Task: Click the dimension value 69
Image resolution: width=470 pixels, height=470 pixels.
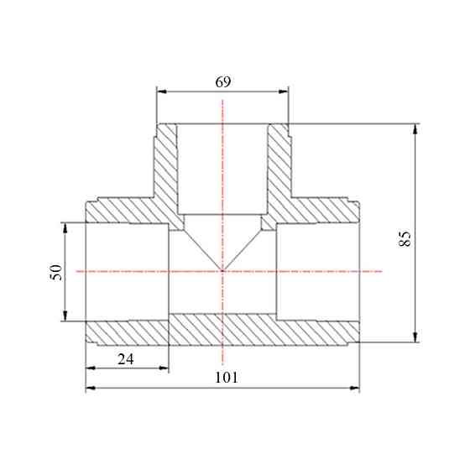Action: (223, 82)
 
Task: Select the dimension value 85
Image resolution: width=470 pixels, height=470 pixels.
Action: (405, 238)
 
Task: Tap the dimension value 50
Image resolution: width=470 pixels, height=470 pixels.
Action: (56, 272)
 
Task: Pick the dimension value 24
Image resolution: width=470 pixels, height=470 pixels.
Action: (126, 359)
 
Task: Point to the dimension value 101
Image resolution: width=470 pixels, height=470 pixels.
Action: (227, 378)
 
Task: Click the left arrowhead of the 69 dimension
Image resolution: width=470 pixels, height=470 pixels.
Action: (162, 91)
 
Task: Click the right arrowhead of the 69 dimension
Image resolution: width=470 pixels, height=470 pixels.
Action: (284, 91)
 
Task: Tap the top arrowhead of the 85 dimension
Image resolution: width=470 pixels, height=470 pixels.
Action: (415, 128)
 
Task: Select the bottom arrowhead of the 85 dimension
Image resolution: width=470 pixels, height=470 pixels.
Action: (415, 337)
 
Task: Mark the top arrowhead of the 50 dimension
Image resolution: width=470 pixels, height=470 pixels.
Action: (65, 227)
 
